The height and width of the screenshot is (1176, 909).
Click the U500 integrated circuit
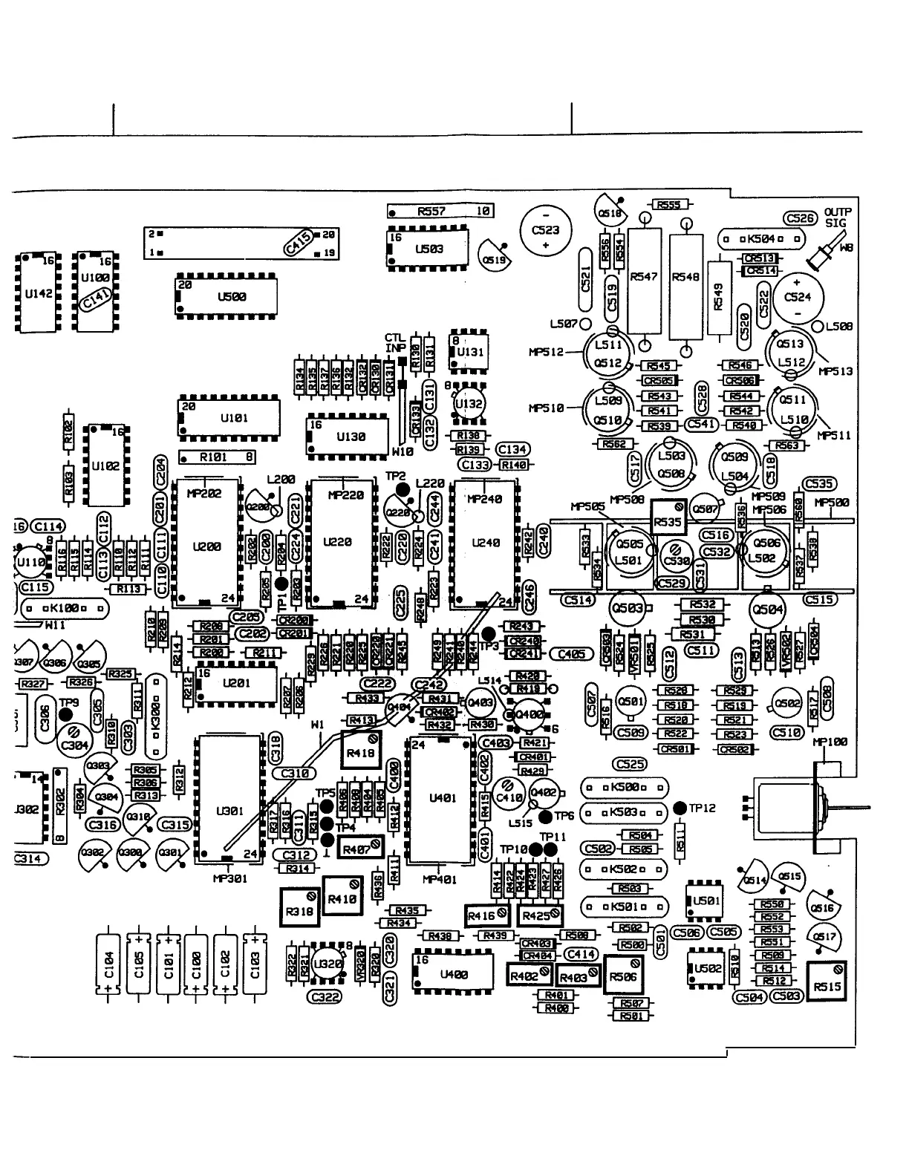(227, 297)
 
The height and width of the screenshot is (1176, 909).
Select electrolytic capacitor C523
(546, 229)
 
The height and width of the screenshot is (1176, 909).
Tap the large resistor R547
(644, 277)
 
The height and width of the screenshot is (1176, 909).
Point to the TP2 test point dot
(403, 489)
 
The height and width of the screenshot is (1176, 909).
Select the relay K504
(762, 239)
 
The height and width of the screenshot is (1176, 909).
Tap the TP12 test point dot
(679, 807)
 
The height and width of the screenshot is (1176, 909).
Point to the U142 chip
(38, 294)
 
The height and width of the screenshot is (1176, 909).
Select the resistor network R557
(440, 212)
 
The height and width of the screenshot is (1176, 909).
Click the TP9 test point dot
(65, 714)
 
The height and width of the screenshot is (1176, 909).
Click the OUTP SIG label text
(837, 218)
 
